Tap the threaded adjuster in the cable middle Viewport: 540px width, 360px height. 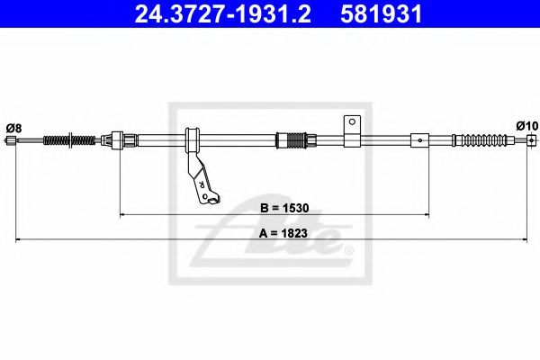click(x=293, y=139)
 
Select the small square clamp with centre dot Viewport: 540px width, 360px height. click(x=420, y=139)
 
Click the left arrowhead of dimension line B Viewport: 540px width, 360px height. click(x=124, y=215)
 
